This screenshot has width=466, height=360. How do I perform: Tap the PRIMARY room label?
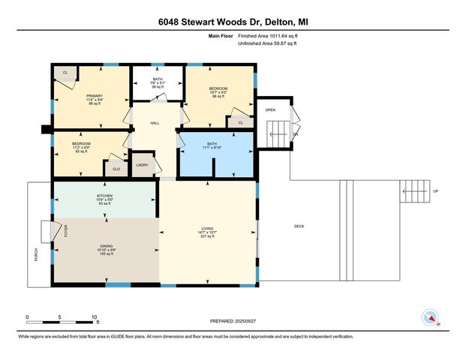click(x=95, y=96)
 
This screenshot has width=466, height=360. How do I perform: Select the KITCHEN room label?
click(x=104, y=196)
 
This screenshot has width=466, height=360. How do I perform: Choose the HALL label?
click(x=155, y=123)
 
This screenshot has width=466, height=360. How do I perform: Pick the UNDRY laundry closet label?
click(x=142, y=165)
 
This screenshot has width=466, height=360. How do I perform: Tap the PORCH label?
click(x=36, y=255)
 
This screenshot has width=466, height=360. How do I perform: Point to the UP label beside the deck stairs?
click(x=435, y=192)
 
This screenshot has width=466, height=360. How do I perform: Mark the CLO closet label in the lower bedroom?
click(x=116, y=169)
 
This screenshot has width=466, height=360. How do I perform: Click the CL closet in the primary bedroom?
click(x=65, y=73)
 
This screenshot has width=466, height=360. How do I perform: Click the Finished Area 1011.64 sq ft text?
click(x=272, y=36)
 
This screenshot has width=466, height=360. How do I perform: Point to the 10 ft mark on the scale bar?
click(x=95, y=316)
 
